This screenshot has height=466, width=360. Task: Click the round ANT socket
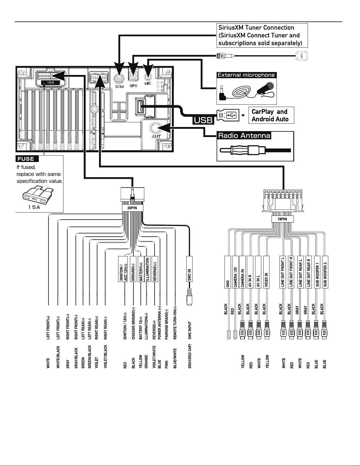click(156, 128)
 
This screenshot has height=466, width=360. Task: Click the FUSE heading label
click(27, 159)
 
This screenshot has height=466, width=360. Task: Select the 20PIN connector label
click(133, 208)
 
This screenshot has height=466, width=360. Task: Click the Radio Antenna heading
click(244, 136)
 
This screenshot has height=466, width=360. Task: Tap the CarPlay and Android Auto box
click(270, 115)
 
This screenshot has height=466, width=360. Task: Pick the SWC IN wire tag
click(189, 269)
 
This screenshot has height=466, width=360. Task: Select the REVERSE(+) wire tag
click(155, 269)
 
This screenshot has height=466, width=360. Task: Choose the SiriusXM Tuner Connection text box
click(262, 36)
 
